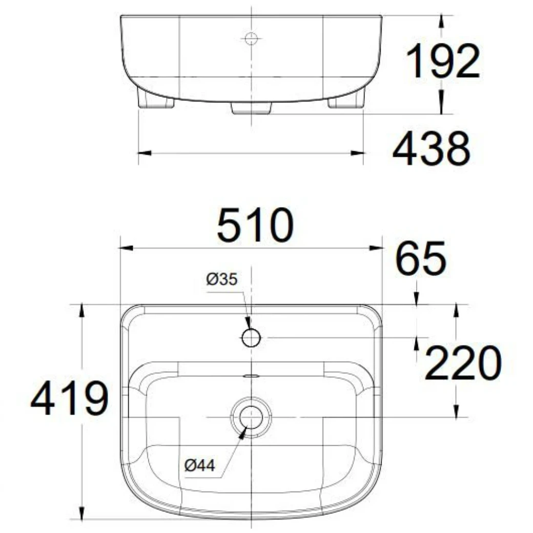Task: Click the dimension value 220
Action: point(462,363)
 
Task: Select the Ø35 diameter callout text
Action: point(222,279)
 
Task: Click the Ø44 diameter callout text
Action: point(200,465)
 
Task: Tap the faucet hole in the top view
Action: point(251,337)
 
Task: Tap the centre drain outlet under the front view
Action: point(251,108)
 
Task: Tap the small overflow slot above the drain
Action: point(251,375)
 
